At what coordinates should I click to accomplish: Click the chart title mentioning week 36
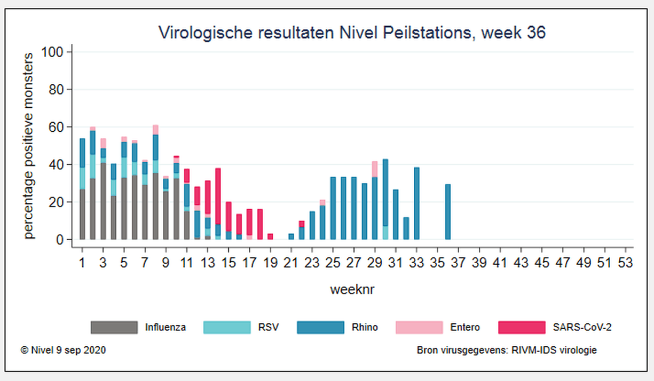pyautogui.click(x=352, y=33)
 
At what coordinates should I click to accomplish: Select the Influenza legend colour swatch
pyautogui.click(x=114, y=327)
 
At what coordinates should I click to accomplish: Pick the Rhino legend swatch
pyautogui.click(x=320, y=327)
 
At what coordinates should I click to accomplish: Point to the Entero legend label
pyautogui.click(x=464, y=327)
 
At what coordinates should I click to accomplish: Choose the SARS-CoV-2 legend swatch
pyautogui.click(x=522, y=327)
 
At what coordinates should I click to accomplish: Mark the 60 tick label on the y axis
pyautogui.click(x=57, y=127)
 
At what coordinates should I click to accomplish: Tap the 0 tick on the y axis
pyautogui.click(x=60, y=240)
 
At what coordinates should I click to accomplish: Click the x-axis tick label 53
pyautogui.click(x=625, y=263)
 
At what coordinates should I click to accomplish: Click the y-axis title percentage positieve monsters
pyautogui.click(x=29, y=145)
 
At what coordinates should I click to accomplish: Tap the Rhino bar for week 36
pyautogui.click(x=448, y=212)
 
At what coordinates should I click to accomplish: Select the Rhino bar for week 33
pyautogui.click(x=416, y=204)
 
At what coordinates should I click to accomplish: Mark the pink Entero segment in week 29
pyautogui.click(x=375, y=169)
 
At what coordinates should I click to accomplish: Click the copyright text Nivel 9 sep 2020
pyautogui.click(x=64, y=351)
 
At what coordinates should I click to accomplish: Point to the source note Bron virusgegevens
pyautogui.click(x=507, y=351)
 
